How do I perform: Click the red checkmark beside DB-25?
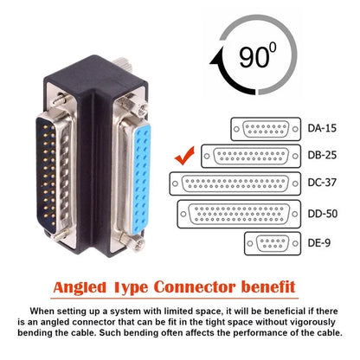click(x=183, y=157)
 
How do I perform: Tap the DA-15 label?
click(x=322, y=130)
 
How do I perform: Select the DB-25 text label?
click(x=322, y=157)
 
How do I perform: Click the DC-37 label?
click(x=322, y=183)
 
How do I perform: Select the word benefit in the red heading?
click(x=257, y=286)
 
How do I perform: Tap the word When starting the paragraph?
click(x=44, y=309)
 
